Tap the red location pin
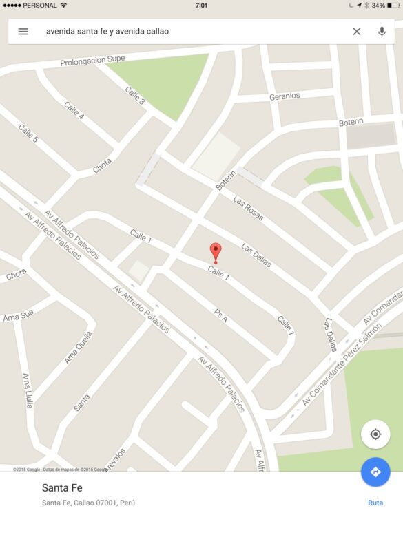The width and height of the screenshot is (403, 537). point(216,252)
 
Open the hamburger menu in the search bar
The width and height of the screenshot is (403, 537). point(23,31)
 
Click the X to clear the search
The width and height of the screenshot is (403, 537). point(357,31)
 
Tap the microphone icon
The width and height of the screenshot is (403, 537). point(382,31)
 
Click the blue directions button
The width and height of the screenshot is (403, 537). point(375,472)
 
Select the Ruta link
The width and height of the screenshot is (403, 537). point(375,503)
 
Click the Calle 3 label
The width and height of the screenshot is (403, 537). point(135,95)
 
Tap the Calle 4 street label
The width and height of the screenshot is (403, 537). point(74,111)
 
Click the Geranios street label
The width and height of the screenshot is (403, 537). point(285,96)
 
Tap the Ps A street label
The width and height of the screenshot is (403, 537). point(220,315)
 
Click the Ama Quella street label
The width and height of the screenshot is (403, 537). point(78,346)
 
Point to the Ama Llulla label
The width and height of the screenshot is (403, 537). point(28,390)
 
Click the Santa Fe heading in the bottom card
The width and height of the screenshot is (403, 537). point(61,488)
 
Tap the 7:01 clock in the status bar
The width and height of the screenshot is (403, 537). point(201,5)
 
